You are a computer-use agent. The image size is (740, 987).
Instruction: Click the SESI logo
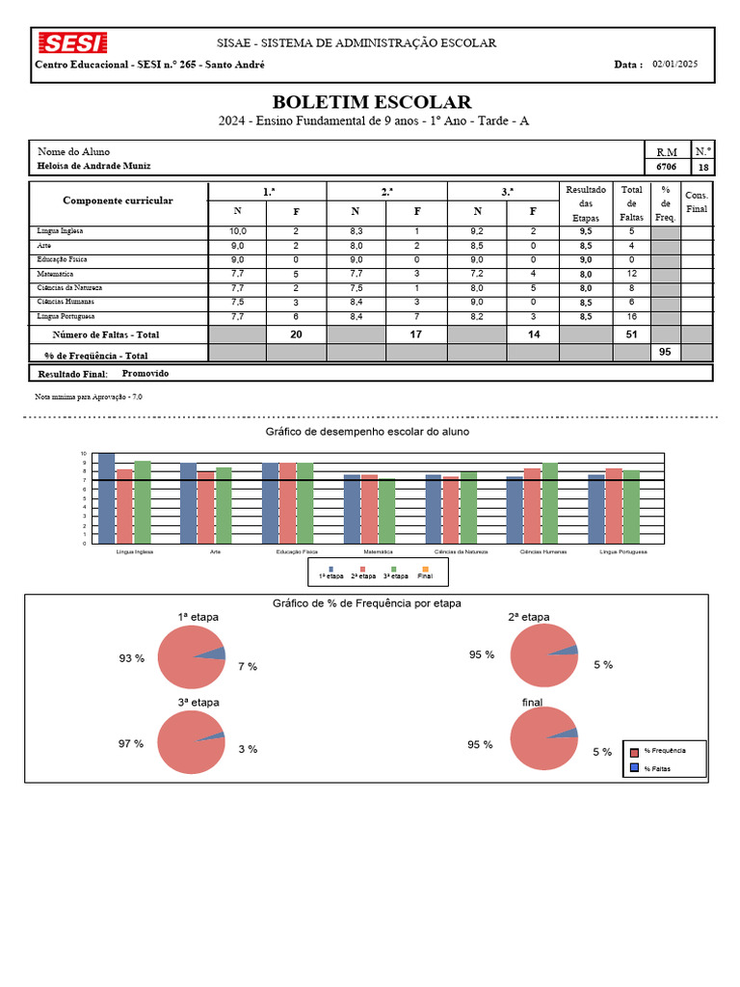coord(72,43)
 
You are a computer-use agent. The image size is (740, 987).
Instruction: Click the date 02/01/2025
coord(674,65)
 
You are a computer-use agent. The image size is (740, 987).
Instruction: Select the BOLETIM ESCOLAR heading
coord(371,102)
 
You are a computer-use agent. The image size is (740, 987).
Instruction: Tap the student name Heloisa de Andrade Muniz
coord(93,166)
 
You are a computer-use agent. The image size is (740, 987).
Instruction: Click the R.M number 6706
coord(666,167)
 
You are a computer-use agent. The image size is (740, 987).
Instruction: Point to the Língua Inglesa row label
coord(60,231)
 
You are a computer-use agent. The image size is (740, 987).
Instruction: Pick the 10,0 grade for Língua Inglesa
coord(238,231)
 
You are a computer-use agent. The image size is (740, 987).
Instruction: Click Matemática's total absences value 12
coord(631,274)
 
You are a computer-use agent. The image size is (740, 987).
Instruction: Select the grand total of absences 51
coord(631,334)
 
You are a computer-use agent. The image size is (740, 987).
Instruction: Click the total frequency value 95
coord(664,353)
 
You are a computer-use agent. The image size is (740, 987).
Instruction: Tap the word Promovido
coord(145,372)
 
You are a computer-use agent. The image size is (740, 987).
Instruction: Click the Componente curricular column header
coord(118,200)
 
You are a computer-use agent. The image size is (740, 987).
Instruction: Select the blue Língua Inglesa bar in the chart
coord(106,498)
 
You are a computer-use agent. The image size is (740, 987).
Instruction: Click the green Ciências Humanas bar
coord(550,503)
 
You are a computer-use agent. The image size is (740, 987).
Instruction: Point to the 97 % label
coord(131,744)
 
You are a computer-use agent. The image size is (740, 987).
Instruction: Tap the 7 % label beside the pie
coord(248,666)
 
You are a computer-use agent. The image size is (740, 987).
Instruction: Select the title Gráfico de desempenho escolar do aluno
coord(367,432)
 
